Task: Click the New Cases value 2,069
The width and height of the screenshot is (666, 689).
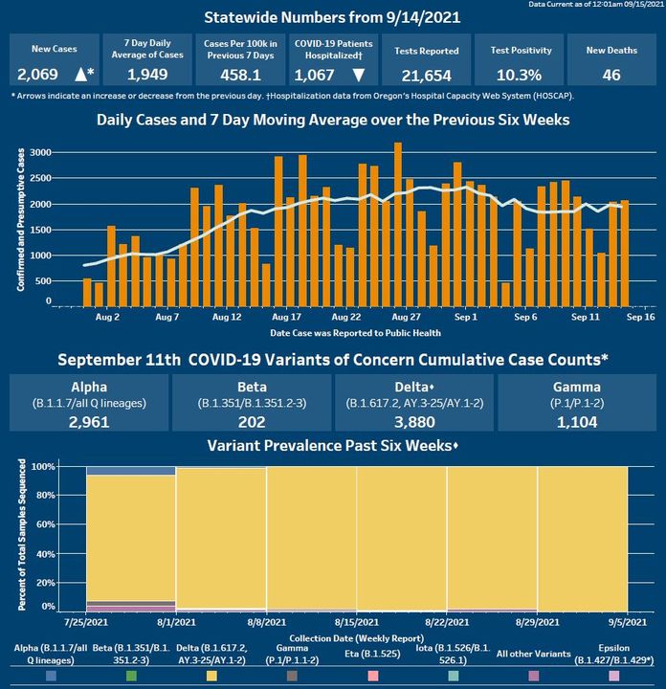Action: point(37,75)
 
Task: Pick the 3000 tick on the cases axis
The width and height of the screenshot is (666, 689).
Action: point(39,153)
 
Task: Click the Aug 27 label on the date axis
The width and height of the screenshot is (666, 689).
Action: point(407,316)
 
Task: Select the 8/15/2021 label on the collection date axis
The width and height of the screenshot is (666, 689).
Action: point(357,622)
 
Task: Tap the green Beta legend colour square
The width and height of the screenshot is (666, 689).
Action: point(131,676)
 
